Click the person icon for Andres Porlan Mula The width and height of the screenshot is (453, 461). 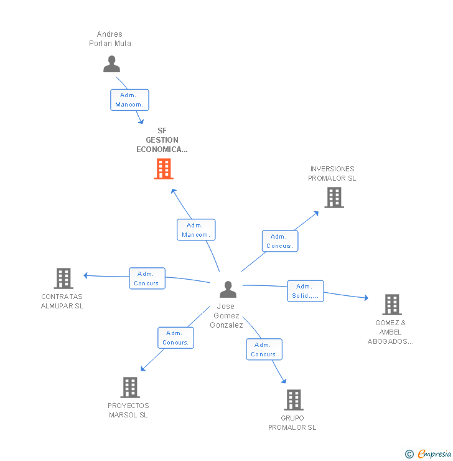111,64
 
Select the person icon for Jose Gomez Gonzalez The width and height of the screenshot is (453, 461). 228,290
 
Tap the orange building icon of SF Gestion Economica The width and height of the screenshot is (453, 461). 164,169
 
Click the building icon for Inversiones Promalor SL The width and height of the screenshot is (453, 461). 334,197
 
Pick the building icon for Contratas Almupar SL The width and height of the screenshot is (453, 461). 63,278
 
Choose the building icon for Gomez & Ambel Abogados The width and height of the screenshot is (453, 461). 391,305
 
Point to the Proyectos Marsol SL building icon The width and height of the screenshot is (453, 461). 129,387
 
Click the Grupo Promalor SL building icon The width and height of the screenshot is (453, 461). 293,399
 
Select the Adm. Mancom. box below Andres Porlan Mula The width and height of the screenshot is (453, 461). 129,100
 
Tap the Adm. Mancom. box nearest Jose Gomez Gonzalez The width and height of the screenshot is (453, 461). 196,230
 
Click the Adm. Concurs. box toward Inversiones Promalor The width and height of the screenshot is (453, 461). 280,241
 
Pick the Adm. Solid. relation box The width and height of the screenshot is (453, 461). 305,291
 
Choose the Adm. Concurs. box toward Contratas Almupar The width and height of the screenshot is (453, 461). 147,278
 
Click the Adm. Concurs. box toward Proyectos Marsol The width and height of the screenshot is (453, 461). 175,338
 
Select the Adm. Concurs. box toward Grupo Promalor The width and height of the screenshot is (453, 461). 264,349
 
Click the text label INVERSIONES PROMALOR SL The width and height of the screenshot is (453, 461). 332,174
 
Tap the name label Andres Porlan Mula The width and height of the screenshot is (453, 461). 110,39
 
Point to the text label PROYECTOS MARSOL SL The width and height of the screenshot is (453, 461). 128,410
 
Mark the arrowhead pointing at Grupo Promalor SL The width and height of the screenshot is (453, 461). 284,381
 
